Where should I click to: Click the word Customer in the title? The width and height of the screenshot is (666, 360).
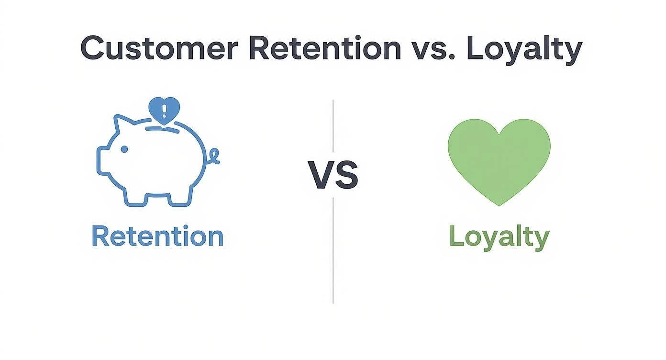pos(159,48)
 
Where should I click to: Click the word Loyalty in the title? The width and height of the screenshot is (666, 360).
pos(524,50)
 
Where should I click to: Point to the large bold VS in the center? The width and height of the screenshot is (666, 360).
pos(333,175)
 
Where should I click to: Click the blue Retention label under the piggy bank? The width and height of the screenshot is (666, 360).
pos(157,236)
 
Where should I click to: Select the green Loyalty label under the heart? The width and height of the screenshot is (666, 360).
pos(499,238)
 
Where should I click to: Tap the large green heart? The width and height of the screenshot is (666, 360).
pos(499,161)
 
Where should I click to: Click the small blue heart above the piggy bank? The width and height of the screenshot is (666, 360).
pos(164,110)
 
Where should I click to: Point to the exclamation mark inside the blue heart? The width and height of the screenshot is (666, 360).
pos(164,111)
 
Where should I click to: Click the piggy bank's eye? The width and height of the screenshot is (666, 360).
pos(124,149)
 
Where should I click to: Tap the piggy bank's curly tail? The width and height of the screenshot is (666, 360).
pos(213,157)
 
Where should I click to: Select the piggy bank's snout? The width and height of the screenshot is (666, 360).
pos(102,159)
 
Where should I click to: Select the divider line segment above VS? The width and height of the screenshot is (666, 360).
pos(333,126)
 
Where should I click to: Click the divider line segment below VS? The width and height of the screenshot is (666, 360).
pos(333,250)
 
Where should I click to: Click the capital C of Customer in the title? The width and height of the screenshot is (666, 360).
pos(92,48)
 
